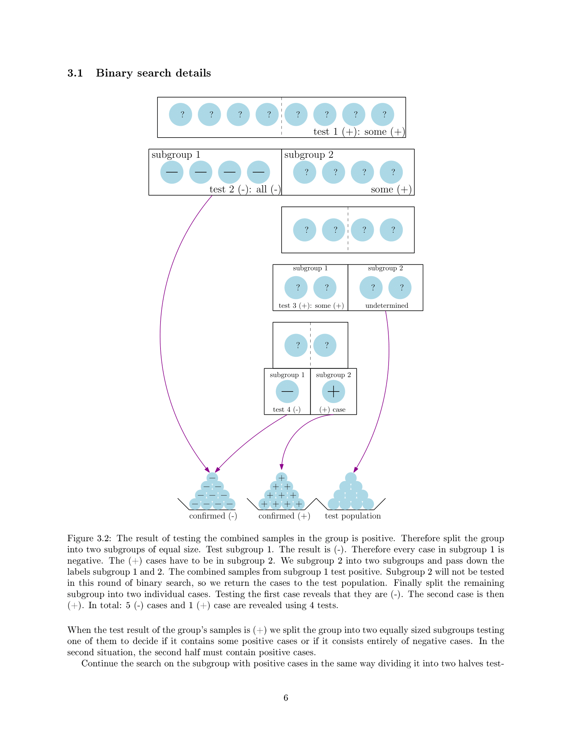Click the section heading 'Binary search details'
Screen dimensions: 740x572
(153, 73)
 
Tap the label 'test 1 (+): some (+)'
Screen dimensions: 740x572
(359, 132)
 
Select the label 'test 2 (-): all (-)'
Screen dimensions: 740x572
(245, 189)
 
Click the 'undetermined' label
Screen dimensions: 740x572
(387, 306)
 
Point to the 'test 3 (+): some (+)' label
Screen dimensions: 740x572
(311, 306)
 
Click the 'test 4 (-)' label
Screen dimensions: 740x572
(287, 410)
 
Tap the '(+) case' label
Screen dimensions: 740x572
(332, 410)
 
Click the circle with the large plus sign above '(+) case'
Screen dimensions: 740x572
(333, 391)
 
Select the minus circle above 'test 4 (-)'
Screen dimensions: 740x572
(287, 391)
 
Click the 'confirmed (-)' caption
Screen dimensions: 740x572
(213, 516)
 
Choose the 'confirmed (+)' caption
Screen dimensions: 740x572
(284, 516)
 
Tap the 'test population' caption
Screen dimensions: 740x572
(353, 516)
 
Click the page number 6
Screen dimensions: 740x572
(286, 698)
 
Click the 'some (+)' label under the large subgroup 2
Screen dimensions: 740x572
(391, 189)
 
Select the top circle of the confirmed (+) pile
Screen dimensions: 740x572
(282, 478)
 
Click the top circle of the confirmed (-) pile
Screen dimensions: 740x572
(212, 478)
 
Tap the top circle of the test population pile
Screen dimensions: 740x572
(351, 478)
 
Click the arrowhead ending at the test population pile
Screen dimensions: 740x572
(355, 470)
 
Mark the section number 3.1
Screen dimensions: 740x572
(75, 73)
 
